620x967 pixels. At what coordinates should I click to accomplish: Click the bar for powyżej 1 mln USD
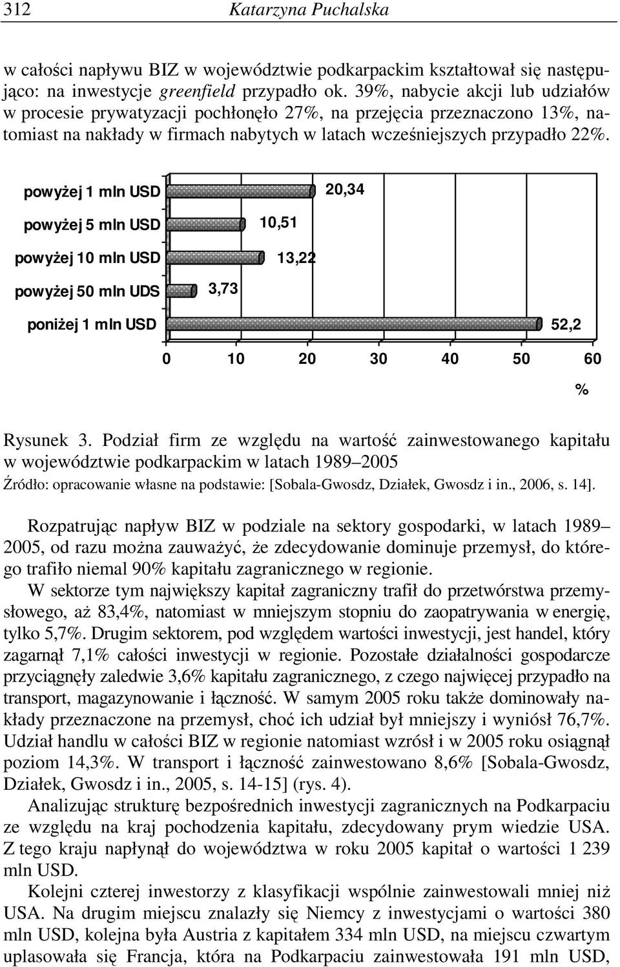click(x=241, y=191)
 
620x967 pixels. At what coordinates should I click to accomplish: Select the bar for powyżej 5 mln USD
click(x=206, y=224)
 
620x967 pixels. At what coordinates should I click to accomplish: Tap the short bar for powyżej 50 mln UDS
click(x=181, y=291)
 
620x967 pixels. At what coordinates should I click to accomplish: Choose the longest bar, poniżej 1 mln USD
click(x=354, y=324)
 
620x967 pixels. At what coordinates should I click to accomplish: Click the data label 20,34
click(x=345, y=189)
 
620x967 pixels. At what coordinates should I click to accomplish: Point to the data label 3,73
click(x=223, y=289)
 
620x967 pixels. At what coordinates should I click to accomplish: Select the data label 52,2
click(x=566, y=324)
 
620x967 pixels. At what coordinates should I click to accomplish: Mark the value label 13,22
click(x=296, y=258)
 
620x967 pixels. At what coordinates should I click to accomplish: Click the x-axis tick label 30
click(x=379, y=359)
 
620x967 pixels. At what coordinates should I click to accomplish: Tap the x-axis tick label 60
click(x=592, y=359)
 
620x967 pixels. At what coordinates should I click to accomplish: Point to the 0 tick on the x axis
click(x=166, y=359)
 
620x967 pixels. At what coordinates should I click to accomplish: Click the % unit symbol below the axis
click(x=582, y=390)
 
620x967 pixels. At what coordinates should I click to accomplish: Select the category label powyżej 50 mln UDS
click(x=87, y=292)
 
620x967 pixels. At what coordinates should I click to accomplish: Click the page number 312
click(x=17, y=10)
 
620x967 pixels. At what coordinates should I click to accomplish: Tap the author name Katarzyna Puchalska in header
click(x=309, y=10)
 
